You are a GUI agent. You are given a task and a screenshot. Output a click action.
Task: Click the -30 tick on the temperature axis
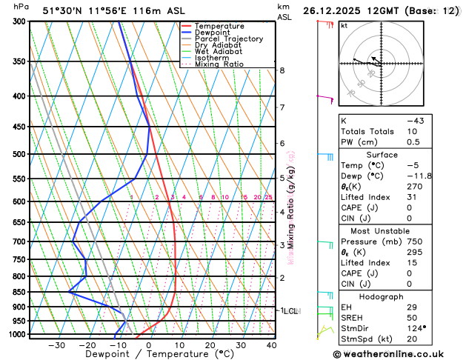click(56, 345)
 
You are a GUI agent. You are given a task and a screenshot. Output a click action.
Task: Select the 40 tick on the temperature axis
click(272, 345)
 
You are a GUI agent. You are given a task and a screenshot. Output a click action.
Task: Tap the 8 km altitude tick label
click(282, 70)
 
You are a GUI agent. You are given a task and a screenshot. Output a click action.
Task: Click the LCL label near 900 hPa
click(289, 311)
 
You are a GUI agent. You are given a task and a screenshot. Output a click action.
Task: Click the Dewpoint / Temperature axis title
click(148, 355)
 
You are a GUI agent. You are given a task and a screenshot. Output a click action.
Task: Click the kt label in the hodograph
click(344, 25)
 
